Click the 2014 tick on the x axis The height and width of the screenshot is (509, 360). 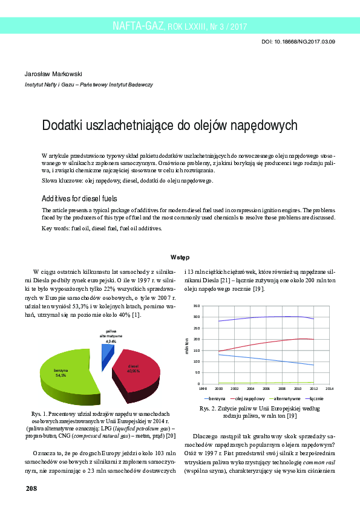coord(329,388)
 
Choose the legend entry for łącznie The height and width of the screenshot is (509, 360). coord(316,399)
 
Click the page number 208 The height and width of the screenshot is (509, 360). coord(31,487)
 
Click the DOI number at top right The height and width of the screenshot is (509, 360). coord(299,42)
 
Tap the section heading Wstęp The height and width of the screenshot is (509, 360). coord(180,257)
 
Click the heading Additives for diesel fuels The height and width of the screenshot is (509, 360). coord(79,198)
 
